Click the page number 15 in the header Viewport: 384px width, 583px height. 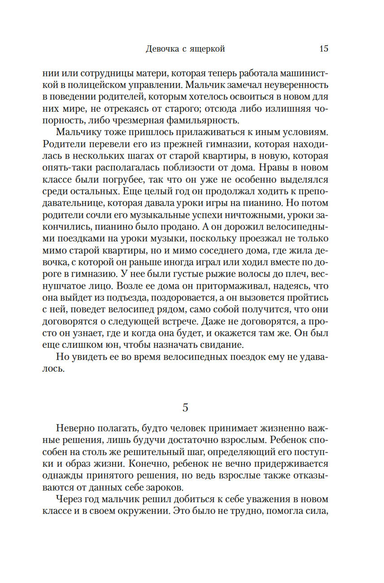coord(323,49)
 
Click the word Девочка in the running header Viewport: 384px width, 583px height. coord(162,49)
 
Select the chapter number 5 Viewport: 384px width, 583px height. coord(185,408)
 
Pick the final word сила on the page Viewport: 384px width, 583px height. coord(317,511)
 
